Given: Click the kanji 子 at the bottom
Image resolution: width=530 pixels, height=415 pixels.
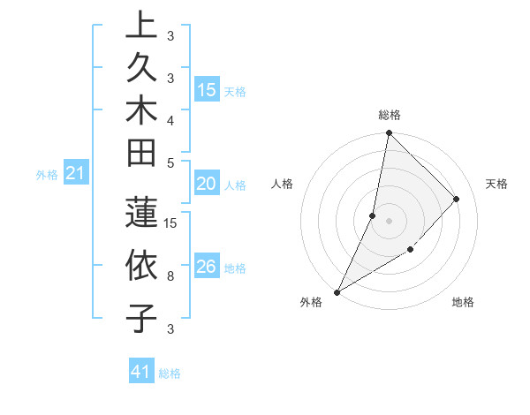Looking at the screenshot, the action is coord(141,318).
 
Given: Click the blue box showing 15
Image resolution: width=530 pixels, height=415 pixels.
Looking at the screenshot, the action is coord(207,90).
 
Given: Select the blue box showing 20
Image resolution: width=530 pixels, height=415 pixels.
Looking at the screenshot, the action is coord(207,185).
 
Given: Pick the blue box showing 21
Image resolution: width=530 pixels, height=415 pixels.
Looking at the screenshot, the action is coord(76,174).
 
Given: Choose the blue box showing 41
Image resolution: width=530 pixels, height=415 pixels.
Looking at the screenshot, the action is coord(141,373).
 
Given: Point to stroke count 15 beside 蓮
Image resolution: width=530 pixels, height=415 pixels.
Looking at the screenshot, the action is coord(171,223).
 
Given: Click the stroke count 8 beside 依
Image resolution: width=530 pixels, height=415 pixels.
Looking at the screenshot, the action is coord(170,276).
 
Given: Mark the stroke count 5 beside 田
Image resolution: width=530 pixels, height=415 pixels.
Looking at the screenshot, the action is coord(170,162).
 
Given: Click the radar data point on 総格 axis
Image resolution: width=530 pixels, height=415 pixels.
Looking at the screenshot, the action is coord(389,133).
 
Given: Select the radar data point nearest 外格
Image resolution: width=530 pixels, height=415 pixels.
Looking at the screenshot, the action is coord(337,291).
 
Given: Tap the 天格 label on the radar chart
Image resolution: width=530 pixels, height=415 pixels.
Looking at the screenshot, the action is coord(496,184).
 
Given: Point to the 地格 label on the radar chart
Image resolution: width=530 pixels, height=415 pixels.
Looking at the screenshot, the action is coord(463,302).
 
